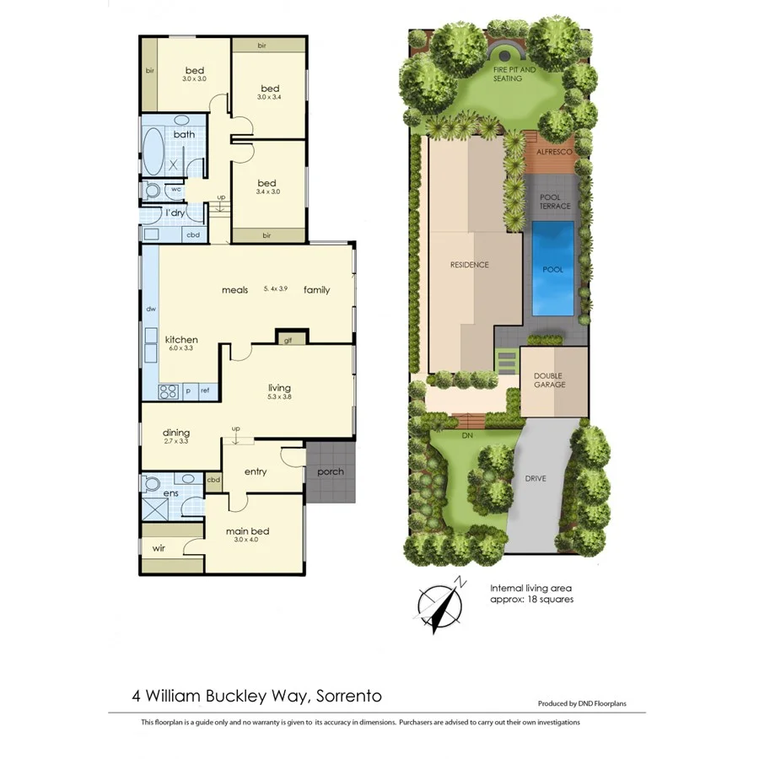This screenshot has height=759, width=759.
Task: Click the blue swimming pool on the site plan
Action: (552, 268)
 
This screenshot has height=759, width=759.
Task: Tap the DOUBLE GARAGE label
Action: (549, 379)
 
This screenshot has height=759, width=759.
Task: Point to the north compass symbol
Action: (442, 605)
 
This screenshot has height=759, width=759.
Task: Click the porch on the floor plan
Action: (331, 471)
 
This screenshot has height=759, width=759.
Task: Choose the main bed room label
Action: (247, 531)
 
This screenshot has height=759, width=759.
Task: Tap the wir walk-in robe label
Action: (159, 548)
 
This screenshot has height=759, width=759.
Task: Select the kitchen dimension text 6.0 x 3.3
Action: (181, 347)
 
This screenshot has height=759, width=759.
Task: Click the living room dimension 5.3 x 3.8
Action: (279, 396)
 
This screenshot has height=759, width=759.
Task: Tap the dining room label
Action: (176, 433)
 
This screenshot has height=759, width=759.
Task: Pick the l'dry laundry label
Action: (175, 213)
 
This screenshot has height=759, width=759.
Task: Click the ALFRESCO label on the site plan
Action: (555, 152)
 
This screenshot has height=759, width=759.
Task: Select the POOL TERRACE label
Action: (555, 202)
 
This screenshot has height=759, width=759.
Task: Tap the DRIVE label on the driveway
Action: (535, 479)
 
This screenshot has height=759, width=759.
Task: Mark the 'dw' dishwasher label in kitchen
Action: (151, 309)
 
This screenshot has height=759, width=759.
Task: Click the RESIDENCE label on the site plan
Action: (469, 265)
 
